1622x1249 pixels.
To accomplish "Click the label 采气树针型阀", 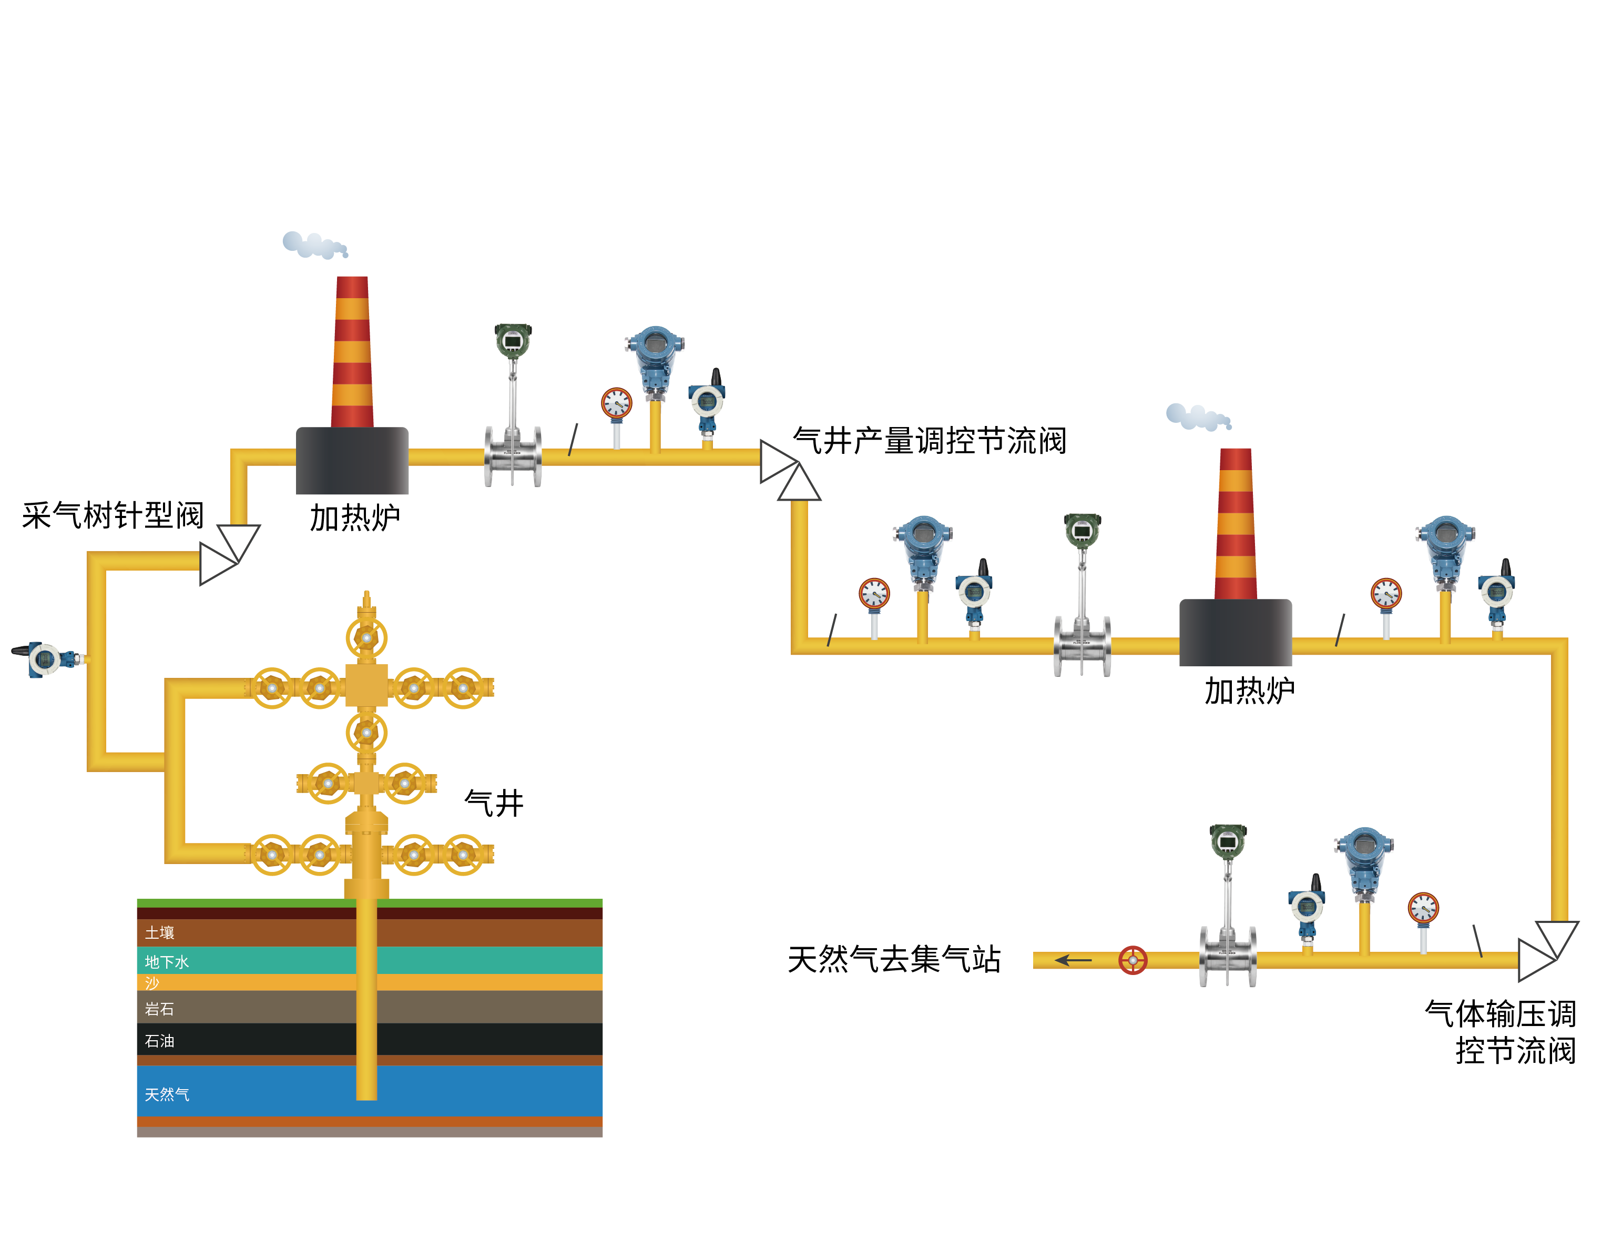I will [113, 515].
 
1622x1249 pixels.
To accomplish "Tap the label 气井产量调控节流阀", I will [929, 441].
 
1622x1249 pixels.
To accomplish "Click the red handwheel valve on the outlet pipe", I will [1133, 960].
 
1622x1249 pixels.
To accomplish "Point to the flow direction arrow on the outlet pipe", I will [1073, 960].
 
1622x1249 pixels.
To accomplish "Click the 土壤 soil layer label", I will [160, 932].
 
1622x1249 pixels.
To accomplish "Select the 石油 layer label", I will [160, 1041].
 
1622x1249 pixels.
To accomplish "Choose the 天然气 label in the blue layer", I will [167, 1094].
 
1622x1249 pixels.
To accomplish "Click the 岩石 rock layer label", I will [160, 1009].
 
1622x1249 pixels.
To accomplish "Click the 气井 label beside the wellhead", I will [494, 803].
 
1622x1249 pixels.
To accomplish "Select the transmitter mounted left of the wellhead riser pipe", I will [46, 658].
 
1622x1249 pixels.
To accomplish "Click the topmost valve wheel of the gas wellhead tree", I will [366, 637].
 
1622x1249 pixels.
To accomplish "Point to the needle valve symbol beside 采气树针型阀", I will [229, 554].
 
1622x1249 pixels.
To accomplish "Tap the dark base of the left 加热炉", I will [352, 461].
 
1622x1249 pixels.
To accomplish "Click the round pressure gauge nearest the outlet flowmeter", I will [1423, 909].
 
